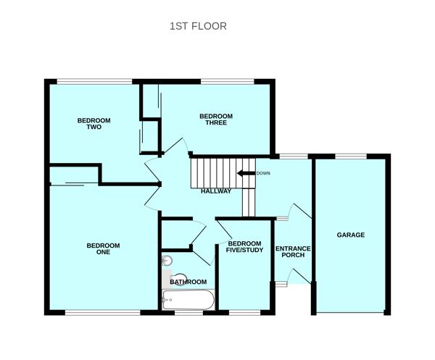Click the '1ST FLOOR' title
point(198,26)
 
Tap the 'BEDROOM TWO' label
point(94,123)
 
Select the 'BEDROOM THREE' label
point(216,120)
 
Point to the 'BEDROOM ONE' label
point(103,249)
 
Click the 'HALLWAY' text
point(216,191)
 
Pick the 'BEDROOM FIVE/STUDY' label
point(244,247)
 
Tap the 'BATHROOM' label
point(188,282)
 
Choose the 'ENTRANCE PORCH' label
point(293,252)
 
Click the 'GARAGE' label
point(350,235)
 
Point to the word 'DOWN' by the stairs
point(263,173)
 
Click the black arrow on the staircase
point(245,173)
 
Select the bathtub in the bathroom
point(188,298)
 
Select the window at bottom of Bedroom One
point(102,313)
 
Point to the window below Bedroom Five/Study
point(244,313)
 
